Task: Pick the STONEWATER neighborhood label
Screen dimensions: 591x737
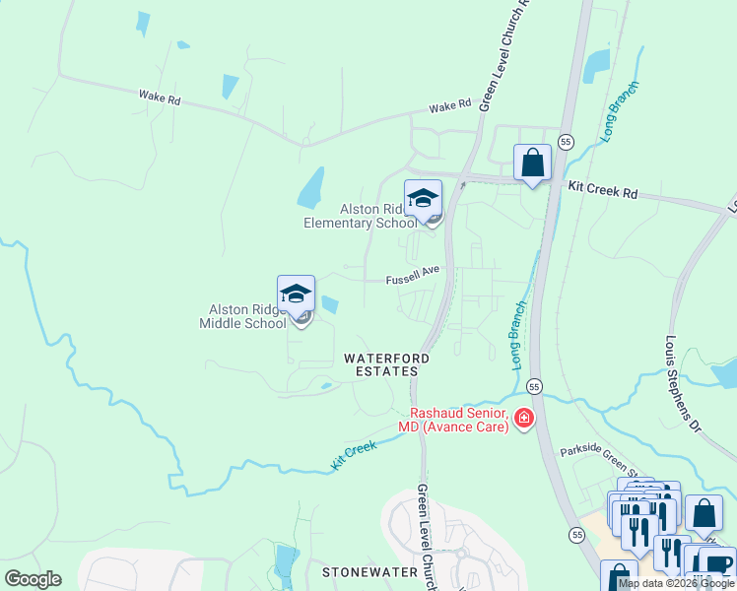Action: tap(364, 571)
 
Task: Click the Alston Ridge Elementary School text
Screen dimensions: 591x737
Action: tap(360, 216)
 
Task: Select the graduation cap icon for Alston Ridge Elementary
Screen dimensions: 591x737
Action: tap(423, 198)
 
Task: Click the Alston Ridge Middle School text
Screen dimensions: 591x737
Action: tap(242, 316)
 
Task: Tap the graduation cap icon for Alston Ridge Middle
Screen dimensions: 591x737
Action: tap(296, 294)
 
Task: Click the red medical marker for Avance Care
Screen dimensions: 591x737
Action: tap(523, 421)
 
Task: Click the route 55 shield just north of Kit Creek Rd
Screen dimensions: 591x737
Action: tap(566, 142)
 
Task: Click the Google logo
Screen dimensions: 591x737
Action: tap(33, 579)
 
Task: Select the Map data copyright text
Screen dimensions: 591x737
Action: tap(676, 583)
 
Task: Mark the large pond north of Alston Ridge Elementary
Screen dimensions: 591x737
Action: tap(311, 186)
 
